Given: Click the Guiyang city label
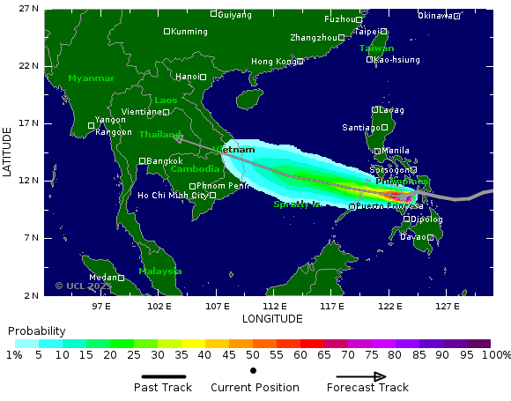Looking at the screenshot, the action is (234, 14).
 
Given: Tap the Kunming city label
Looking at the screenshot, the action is (189, 32).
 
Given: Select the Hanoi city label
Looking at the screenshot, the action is (188, 77).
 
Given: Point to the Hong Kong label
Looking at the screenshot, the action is (274, 62).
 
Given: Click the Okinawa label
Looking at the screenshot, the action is (435, 16).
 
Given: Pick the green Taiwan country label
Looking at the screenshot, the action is (376, 48).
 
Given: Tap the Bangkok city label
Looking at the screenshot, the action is (165, 161).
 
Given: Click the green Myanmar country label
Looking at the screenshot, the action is (91, 78).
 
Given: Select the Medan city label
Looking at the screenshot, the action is (103, 278).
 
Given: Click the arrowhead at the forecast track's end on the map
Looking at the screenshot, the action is (177, 138).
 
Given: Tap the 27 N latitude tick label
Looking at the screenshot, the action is (28, 9).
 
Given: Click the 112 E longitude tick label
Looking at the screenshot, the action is (275, 306).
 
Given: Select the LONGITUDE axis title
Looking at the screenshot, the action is (272, 319).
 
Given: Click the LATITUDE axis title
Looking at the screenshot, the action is (7, 152).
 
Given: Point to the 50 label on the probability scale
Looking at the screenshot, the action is (253, 355).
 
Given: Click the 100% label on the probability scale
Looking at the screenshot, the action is (497, 355).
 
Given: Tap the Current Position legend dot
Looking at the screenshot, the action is (254, 371).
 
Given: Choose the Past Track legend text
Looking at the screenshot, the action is (163, 388).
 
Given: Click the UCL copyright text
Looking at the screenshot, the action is (83, 286).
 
